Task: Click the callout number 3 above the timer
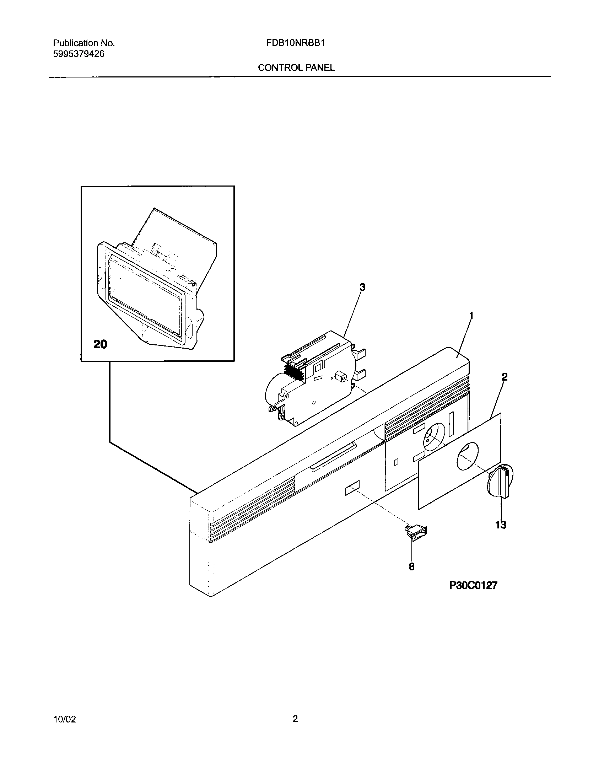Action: (362, 287)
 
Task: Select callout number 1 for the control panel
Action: (471, 316)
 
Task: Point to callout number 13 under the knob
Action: (500, 525)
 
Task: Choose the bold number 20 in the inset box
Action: (100, 344)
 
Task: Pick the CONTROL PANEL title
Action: (296, 68)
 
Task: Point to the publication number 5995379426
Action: (79, 54)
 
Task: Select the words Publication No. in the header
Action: (84, 43)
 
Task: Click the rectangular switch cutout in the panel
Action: (352, 489)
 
